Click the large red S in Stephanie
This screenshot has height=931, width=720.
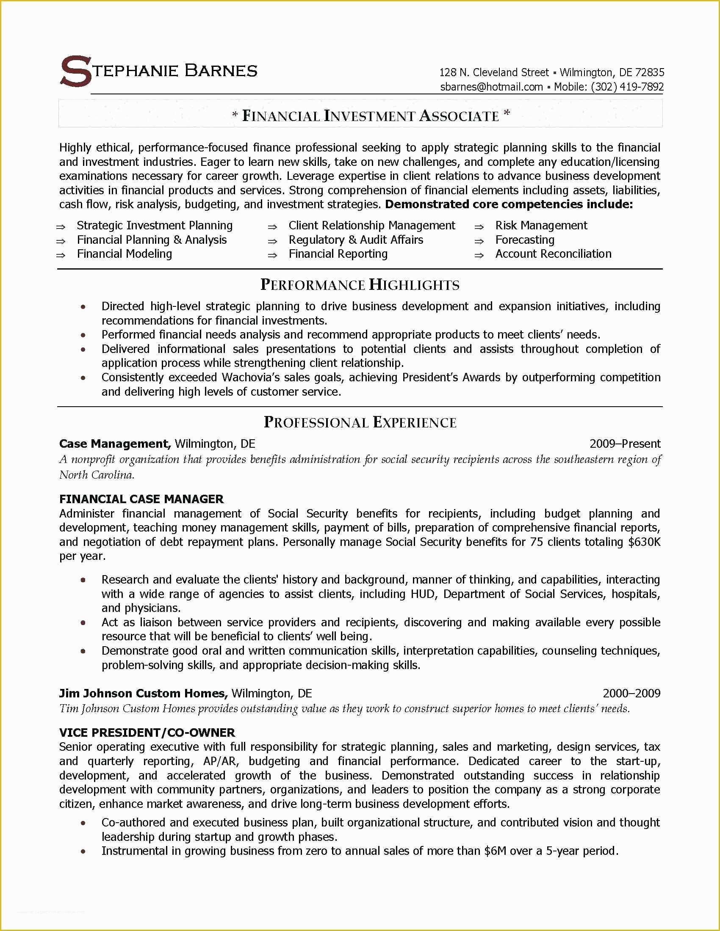[76, 72]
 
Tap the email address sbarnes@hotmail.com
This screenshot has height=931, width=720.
[491, 87]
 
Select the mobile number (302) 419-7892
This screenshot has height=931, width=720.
[627, 87]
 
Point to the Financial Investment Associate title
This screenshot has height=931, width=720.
[370, 116]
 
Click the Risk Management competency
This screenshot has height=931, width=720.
[541, 226]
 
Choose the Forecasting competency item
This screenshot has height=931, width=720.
[525, 240]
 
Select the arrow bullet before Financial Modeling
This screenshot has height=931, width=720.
[61, 255]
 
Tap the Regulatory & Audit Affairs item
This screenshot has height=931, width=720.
[356, 240]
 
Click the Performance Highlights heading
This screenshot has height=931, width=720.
[360, 285]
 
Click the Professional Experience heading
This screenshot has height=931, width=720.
[360, 422]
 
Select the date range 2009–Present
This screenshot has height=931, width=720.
[624, 444]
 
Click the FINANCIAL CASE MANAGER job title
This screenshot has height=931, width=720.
[141, 499]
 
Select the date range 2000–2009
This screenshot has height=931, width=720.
[631, 693]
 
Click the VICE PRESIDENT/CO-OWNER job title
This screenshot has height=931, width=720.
[147, 733]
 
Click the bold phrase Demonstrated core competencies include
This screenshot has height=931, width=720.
[508, 205]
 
